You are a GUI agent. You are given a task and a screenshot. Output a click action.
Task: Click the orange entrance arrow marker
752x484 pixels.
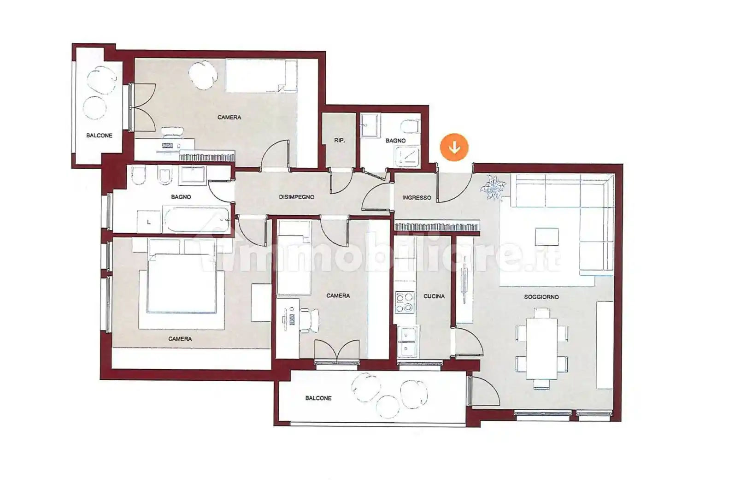click(454, 147)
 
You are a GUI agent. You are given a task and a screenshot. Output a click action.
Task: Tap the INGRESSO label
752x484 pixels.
click(417, 197)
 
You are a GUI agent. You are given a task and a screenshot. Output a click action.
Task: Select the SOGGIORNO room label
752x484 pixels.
click(541, 297)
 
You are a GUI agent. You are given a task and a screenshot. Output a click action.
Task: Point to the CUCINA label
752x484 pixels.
click(434, 296)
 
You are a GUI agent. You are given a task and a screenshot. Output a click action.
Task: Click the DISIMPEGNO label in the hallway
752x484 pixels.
click(296, 197)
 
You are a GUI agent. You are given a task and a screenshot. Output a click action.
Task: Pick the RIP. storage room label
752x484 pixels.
click(339, 141)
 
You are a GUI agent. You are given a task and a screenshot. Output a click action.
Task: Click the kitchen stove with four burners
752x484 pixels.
click(405, 303)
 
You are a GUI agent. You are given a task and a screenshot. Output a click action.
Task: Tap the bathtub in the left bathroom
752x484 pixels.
click(196, 218)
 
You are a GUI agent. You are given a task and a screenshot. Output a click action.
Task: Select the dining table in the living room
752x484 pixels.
click(541, 348)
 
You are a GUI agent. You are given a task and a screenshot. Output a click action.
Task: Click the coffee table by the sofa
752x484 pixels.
click(547, 236)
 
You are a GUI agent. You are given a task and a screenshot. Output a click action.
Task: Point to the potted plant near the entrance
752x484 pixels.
click(493, 188)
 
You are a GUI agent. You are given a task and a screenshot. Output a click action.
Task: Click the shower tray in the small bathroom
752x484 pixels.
click(407, 157)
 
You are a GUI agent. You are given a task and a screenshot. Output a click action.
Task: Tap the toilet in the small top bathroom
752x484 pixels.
click(410, 127)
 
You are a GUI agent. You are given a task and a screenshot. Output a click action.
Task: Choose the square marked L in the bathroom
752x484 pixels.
click(149, 222)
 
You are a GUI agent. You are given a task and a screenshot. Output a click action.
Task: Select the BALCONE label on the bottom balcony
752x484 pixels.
click(318, 398)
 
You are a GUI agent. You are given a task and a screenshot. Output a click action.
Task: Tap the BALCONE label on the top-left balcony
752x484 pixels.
click(99, 136)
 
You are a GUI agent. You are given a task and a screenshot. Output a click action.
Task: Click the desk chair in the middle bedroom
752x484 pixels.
click(309, 320)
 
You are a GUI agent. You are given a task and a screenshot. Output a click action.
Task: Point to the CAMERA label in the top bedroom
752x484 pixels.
click(229, 117)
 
